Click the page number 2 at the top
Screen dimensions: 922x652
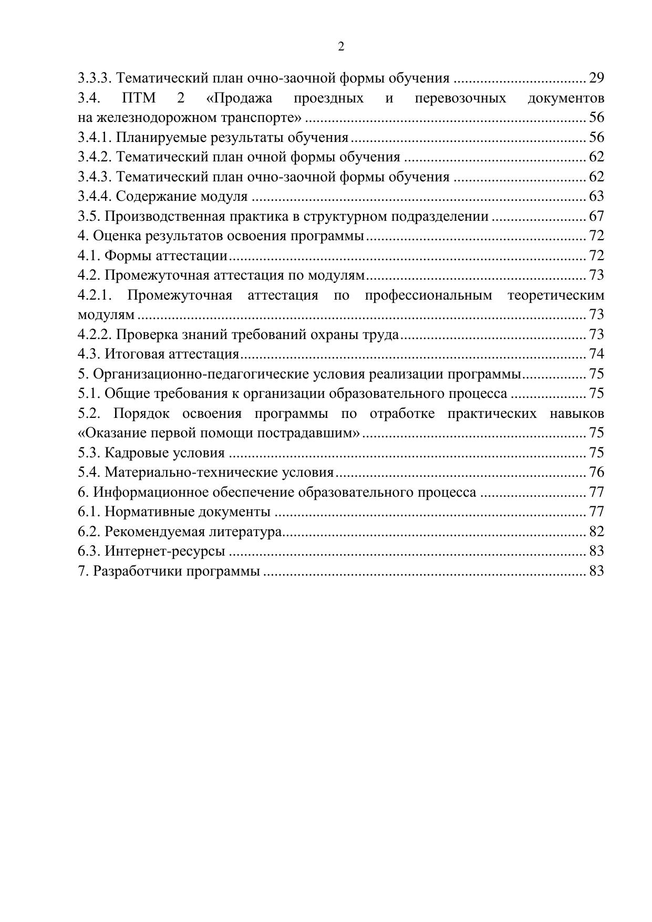(341, 47)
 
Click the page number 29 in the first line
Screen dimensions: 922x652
(596, 78)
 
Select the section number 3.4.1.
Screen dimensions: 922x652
(95, 138)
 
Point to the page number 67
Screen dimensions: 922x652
(596, 216)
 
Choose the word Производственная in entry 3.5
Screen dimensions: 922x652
(157, 216)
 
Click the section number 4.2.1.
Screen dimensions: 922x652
(95, 295)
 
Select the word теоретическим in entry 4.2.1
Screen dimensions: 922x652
(556, 295)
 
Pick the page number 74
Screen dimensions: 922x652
(596, 354)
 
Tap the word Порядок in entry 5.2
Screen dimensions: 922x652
(141, 414)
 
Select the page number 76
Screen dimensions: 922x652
(596, 473)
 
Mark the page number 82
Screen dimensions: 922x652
(596, 531)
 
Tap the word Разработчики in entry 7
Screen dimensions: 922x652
(138, 571)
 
